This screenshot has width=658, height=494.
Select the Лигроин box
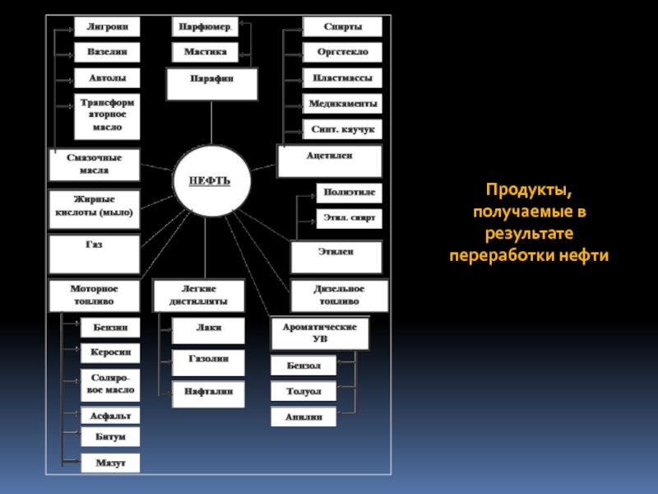click(x=107, y=26)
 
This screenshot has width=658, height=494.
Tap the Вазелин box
click(x=107, y=52)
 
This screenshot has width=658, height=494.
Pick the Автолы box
click(x=107, y=78)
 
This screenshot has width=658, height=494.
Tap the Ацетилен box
click(x=330, y=161)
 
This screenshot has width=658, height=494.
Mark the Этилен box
click(x=336, y=257)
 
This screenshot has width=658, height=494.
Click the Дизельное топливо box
click(x=338, y=296)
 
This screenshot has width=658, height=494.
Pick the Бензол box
click(x=304, y=365)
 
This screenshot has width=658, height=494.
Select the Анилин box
click(x=304, y=417)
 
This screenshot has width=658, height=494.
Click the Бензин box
click(x=109, y=328)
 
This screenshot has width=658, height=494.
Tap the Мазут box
click(x=109, y=464)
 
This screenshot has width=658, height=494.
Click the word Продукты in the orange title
click(x=529, y=192)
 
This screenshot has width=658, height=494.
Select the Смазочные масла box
click(x=95, y=165)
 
